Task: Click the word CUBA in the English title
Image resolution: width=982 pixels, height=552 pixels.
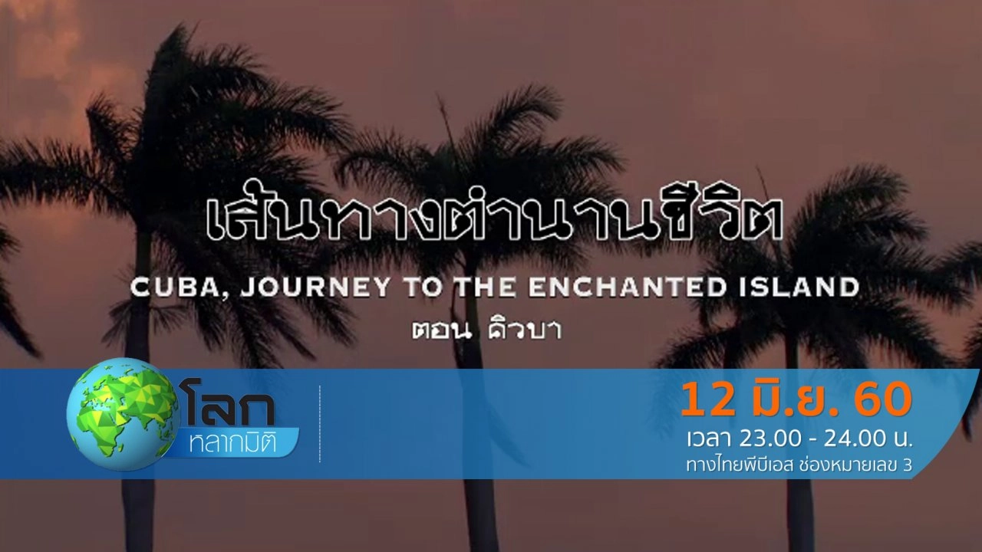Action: click(162, 288)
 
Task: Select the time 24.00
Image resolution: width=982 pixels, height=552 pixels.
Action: click(852, 439)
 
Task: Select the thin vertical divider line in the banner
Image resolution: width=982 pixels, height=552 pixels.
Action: click(320, 424)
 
